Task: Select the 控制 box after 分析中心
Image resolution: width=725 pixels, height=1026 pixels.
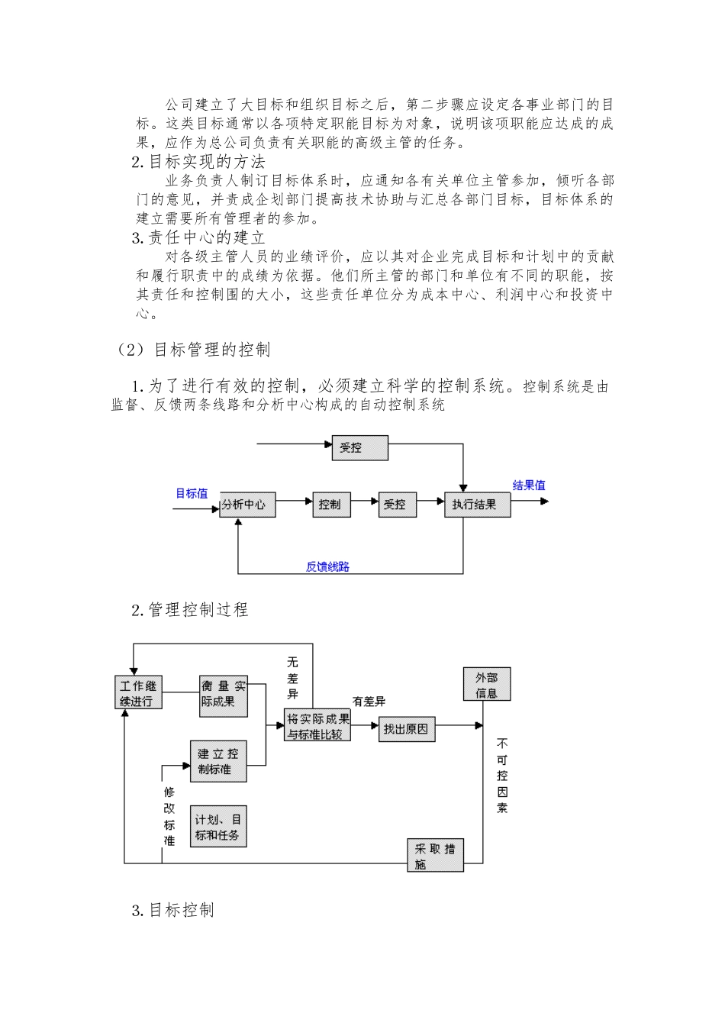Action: point(330,505)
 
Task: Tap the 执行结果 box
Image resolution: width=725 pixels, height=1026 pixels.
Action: point(476,505)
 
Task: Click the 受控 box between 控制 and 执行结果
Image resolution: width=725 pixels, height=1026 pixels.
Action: point(397,505)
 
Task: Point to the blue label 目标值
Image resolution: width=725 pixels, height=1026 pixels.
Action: point(192,493)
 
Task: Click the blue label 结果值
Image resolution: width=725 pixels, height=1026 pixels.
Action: point(529,486)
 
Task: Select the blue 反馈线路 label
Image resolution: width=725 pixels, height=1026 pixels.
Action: point(327,566)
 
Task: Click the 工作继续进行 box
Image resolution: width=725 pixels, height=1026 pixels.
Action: point(139,693)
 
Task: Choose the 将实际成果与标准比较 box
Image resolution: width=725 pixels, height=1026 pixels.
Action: point(318,726)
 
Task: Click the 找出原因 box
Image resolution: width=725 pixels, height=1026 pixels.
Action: point(406,728)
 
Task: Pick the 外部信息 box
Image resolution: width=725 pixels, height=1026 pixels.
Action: point(486,685)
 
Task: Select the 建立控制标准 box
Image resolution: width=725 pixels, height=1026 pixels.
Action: point(218,761)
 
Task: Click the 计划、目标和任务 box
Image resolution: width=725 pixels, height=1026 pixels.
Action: point(218,827)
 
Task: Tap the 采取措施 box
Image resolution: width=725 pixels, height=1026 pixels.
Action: point(434,856)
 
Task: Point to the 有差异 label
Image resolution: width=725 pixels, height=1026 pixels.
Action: point(369,701)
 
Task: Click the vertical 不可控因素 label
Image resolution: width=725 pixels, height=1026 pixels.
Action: point(501,775)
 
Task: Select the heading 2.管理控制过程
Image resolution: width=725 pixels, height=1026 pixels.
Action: point(189,610)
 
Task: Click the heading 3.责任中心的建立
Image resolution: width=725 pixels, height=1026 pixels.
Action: point(198,237)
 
